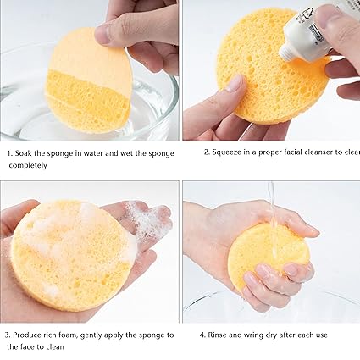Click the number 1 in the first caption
tap(9, 153)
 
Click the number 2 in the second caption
tap(206, 152)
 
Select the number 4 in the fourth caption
tap(202, 335)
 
